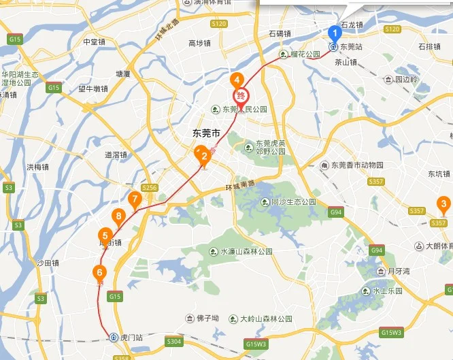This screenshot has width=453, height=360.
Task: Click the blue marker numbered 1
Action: (x=334, y=33)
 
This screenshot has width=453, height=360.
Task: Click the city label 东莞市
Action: (x=207, y=133)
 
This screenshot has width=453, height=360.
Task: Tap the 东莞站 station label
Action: (x=350, y=47)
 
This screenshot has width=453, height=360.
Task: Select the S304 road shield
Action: (x=174, y=341)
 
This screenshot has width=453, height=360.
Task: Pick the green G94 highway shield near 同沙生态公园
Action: (x=336, y=212)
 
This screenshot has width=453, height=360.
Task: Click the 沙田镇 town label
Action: (x=48, y=263)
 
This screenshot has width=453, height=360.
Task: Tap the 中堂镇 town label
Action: (x=94, y=42)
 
